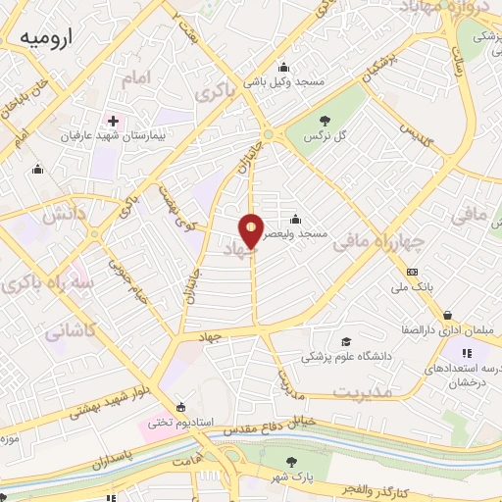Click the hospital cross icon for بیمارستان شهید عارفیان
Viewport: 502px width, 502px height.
pos(113,122)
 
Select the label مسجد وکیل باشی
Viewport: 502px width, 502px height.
pos(283,82)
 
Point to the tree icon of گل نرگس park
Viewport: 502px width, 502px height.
pos(324,120)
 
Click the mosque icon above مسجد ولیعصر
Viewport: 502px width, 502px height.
pos(295,219)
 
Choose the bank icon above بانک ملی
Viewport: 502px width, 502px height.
pos(412,272)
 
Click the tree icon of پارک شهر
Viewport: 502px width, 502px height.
pos(291,461)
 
